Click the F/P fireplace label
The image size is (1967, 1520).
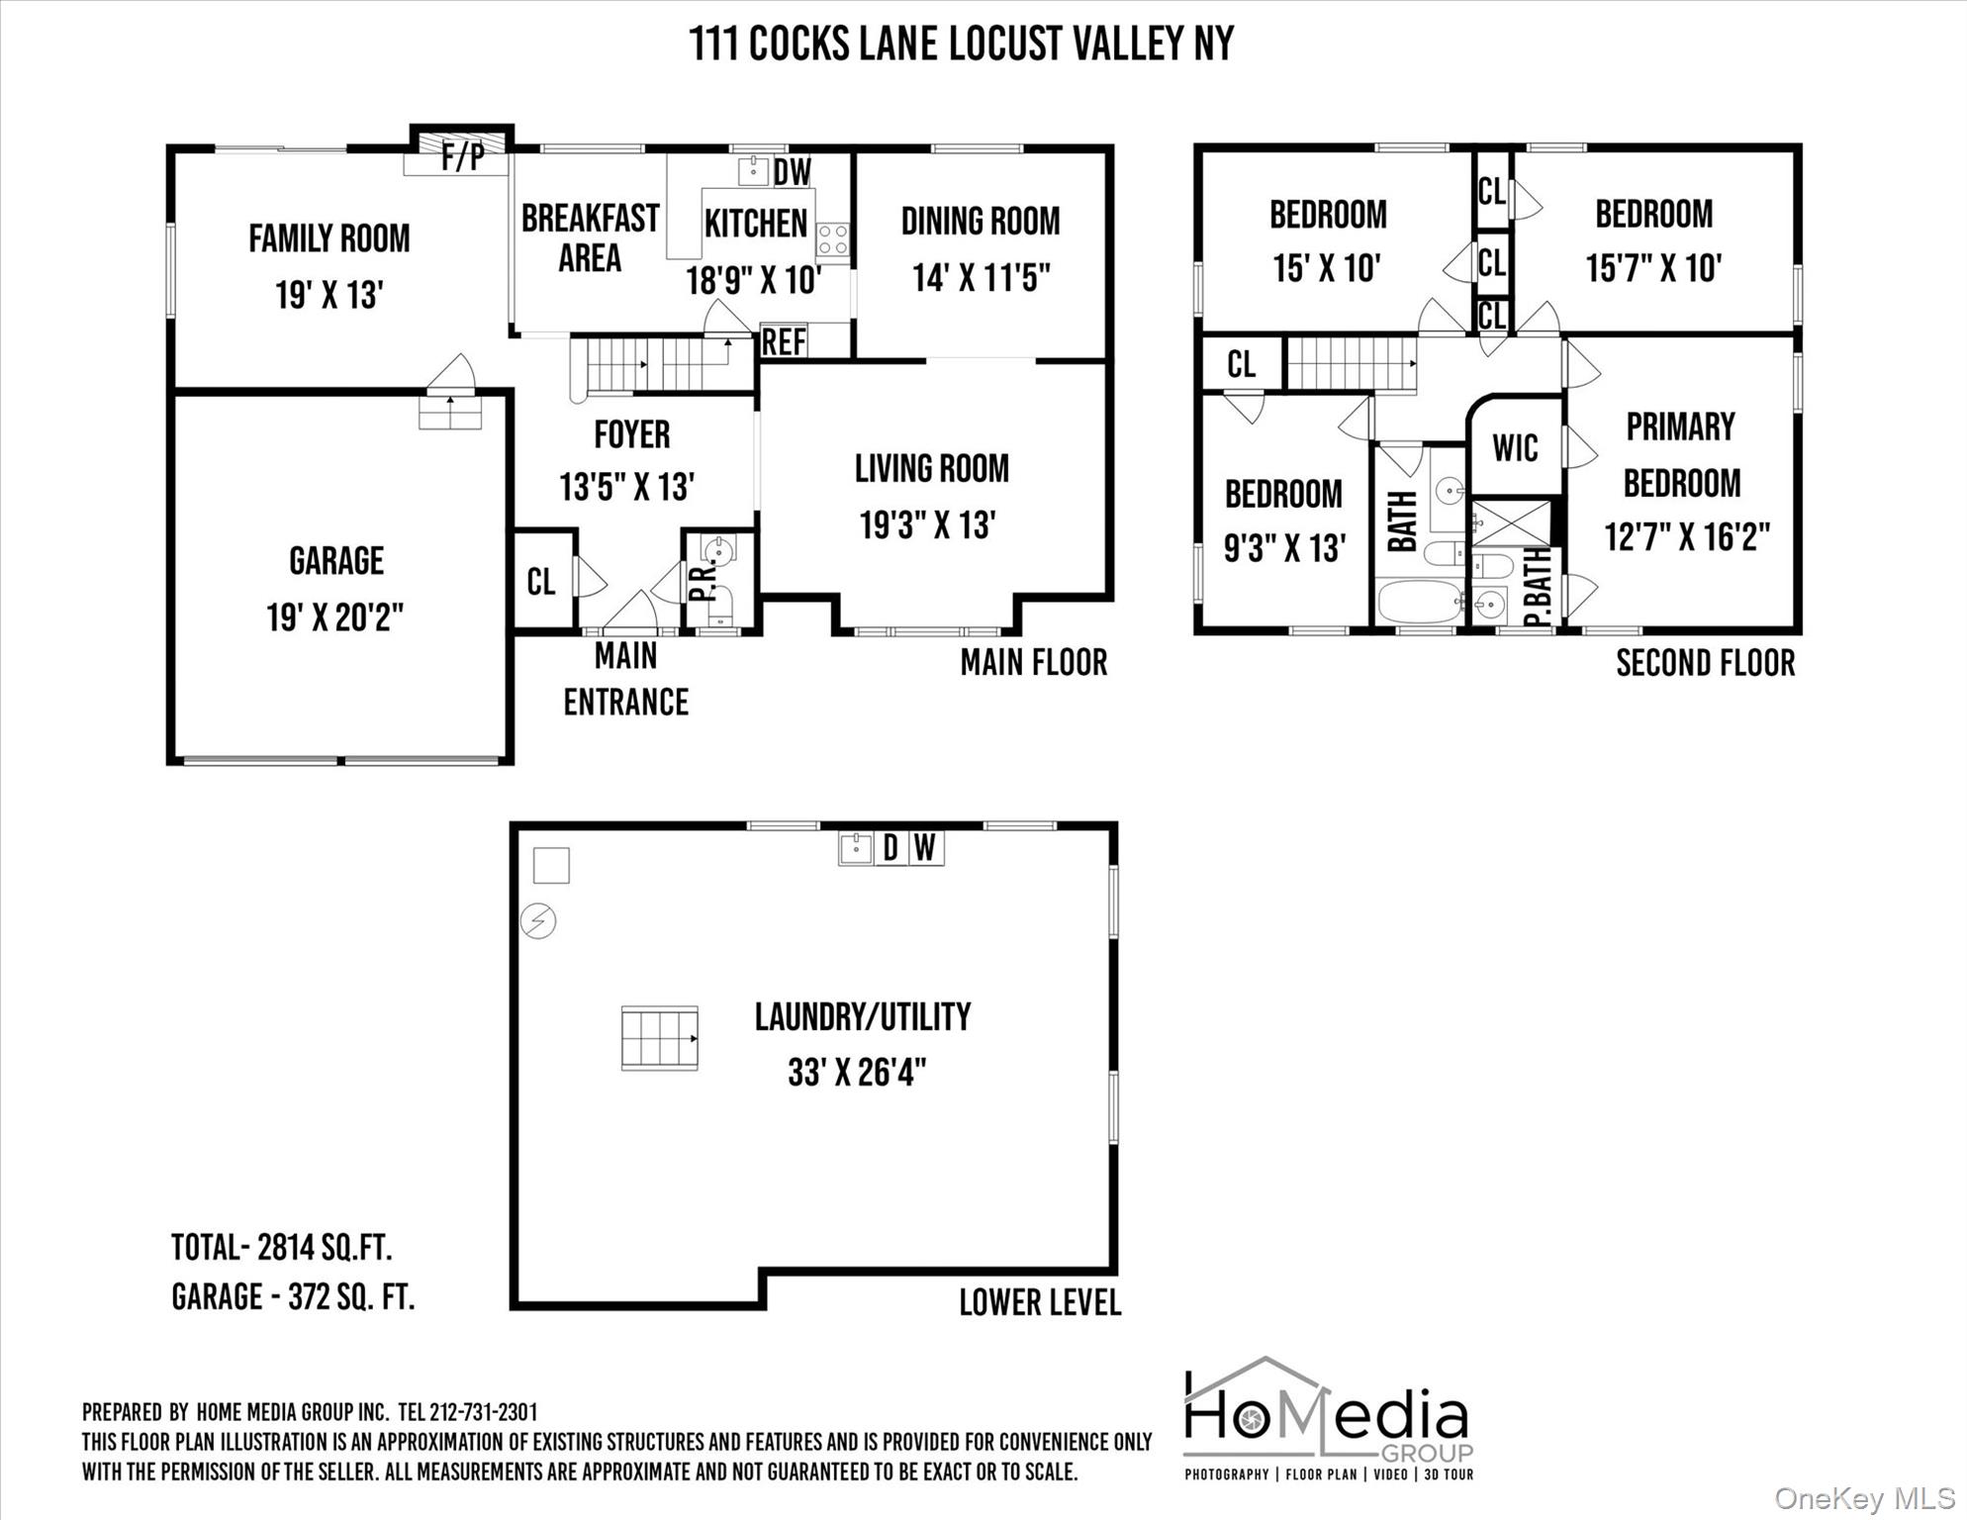click(462, 156)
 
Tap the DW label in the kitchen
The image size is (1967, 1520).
click(792, 172)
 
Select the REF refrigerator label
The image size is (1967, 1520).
click(784, 341)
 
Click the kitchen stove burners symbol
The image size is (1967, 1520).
click(832, 238)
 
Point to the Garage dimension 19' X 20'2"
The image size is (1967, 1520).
click(335, 618)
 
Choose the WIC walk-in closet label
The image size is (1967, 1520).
click(1515, 448)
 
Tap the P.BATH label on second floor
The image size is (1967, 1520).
click(1537, 588)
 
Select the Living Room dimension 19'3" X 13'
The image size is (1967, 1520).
click(927, 525)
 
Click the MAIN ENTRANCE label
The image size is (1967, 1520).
click(626, 679)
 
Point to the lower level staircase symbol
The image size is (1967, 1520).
click(660, 1038)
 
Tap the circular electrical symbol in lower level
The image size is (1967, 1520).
click(538, 921)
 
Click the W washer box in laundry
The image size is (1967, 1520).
click(924, 848)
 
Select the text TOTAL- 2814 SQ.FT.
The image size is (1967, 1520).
click(282, 1248)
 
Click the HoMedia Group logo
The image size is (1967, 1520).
click(1329, 1418)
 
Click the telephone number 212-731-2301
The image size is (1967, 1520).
click(484, 1412)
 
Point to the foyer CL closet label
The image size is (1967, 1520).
click(541, 582)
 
